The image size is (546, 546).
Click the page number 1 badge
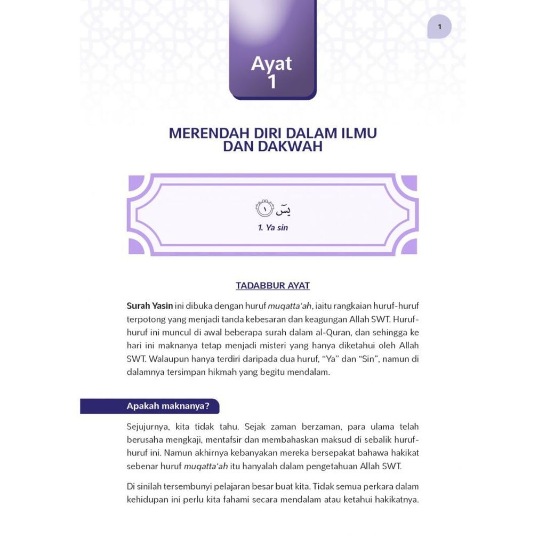[439, 27]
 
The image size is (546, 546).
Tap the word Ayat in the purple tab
[271, 63]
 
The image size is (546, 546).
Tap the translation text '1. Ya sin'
[272, 228]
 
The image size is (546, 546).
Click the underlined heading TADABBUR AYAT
[272, 286]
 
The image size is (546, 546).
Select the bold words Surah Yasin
[149, 306]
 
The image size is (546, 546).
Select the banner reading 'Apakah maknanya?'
[167, 406]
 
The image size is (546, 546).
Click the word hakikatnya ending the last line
[396, 500]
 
